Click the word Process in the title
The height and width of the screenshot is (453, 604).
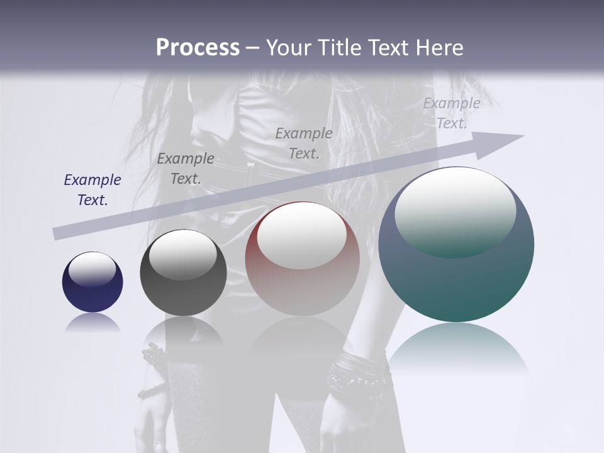[x=198, y=48]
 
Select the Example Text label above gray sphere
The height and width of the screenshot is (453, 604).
[x=186, y=169]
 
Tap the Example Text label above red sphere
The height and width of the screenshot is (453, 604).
[x=304, y=143]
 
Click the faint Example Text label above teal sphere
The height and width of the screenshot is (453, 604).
[x=452, y=113]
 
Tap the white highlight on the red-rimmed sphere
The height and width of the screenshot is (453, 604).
[x=302, y=236]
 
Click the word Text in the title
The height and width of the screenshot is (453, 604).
[x=388, y=48]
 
